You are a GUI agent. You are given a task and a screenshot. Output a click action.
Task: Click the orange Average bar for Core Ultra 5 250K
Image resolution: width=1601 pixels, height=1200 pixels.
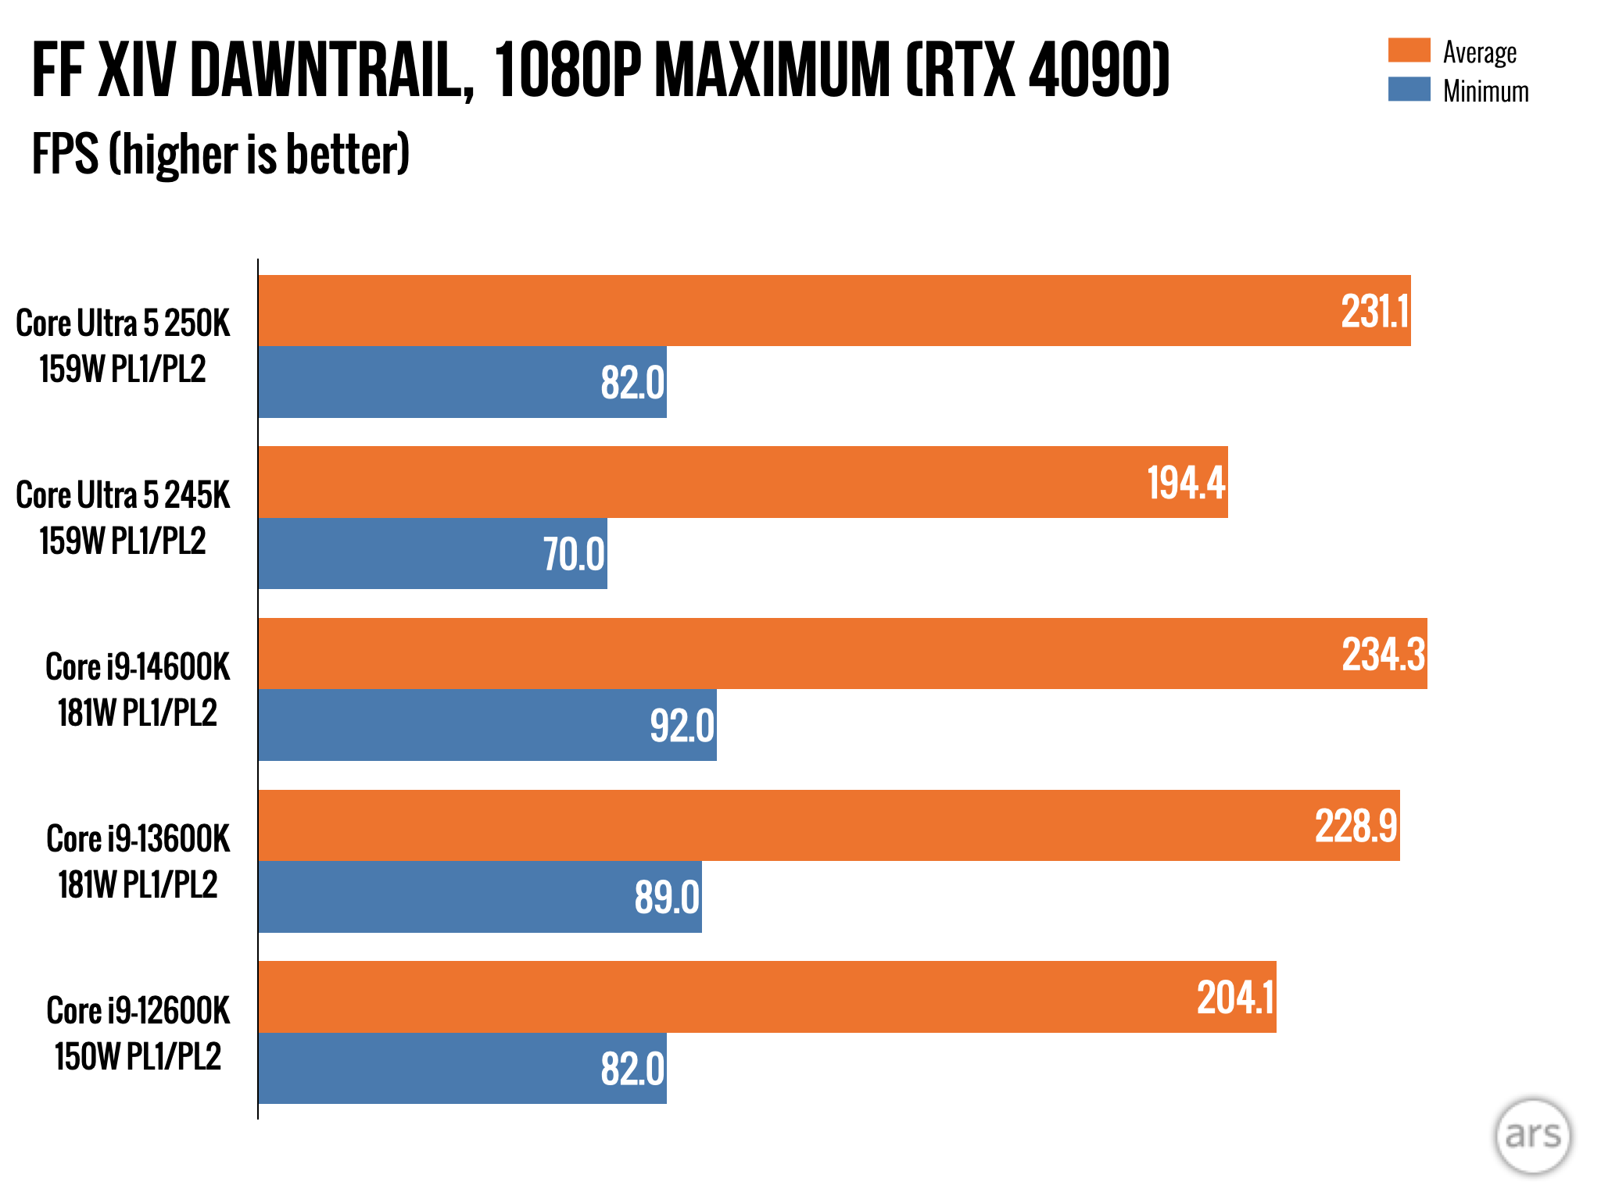click(782, 310)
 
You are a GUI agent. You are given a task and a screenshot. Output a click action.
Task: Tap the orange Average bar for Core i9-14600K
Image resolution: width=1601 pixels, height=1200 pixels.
click(782, 654)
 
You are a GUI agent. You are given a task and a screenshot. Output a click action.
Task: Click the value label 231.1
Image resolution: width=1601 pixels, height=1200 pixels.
click(1374, 312)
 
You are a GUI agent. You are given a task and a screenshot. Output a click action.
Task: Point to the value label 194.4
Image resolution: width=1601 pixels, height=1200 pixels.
click(1186, 483)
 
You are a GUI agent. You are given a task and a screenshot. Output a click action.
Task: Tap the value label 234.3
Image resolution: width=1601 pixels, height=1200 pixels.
click(1383, 655)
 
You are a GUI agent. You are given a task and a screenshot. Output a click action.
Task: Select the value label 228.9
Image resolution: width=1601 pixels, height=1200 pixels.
click(1356, 827)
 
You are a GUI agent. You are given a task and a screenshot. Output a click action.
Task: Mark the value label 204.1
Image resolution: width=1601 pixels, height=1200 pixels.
click(1235, 998)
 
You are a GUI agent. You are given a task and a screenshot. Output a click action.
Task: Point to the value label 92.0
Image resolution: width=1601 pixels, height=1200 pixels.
click(682, 726)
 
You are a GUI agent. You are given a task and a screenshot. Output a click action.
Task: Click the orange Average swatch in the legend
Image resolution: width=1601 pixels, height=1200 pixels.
click(1409, 51)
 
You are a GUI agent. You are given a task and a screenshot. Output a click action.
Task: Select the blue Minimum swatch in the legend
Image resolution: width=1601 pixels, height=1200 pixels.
click(1409, 89)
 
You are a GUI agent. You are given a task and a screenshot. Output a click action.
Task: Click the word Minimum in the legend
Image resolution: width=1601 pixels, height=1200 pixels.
click(1485, 91)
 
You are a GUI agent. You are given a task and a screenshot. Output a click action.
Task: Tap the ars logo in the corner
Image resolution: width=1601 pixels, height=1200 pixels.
click(1532, 1135)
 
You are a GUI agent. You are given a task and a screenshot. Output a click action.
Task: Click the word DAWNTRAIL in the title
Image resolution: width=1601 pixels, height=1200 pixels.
click(331, 70)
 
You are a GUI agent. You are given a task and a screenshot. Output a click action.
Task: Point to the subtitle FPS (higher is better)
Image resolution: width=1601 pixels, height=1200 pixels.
click(220, 154)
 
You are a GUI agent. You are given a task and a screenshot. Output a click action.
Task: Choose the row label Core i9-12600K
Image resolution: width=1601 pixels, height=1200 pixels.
click(138, 1011)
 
